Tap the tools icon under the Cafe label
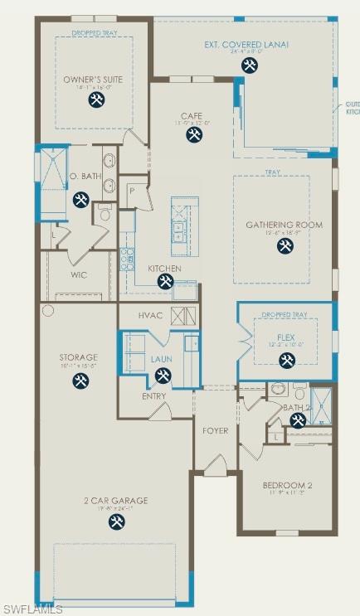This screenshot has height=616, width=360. [x=194, y=135]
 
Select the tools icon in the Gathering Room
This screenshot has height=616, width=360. [x=285, y=246]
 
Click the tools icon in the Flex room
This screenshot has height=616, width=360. [x=286, y=360]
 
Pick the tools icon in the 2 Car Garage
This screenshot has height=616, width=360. [x=117, y=522]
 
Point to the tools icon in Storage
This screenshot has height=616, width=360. [x=80, y=381]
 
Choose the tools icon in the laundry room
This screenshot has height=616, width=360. [x=163, y=376]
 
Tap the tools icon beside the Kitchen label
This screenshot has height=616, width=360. [x=165, y=282]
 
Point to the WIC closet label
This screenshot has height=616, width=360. [x=79, y=274]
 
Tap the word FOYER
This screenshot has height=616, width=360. [x=216, y=431]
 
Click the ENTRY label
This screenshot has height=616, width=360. [x=153, y=396]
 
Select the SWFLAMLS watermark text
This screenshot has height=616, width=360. [x=32, y=609]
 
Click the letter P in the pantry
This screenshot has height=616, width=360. [x=132, y=190]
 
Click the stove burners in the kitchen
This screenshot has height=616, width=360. [x=128, y=259]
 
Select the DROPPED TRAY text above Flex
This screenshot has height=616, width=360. [x=285, y=315]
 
